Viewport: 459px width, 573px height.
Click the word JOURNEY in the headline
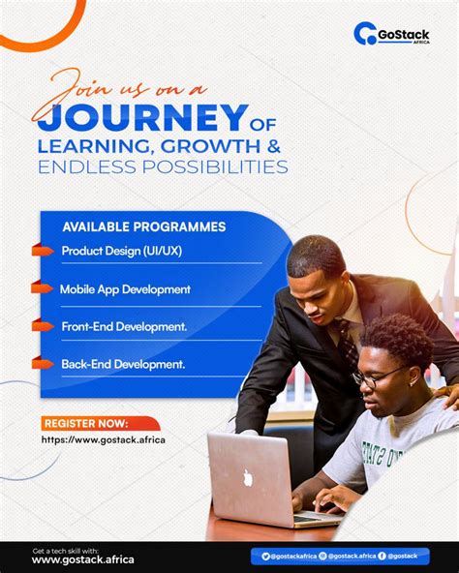[139, 117]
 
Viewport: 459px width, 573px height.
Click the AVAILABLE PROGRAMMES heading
[144, 226]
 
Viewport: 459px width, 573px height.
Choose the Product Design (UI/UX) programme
[121, 252]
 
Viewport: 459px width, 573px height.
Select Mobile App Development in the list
[125, 288]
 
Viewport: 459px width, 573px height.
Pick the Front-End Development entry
[124, 326]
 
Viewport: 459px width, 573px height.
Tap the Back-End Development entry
[123, 364]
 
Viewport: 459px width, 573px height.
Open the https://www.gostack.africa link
[103, 440]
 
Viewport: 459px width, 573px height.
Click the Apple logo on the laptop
[247, 476]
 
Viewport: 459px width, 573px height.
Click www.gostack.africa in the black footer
[83, 560]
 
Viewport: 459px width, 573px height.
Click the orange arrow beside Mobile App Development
[42, 288]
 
